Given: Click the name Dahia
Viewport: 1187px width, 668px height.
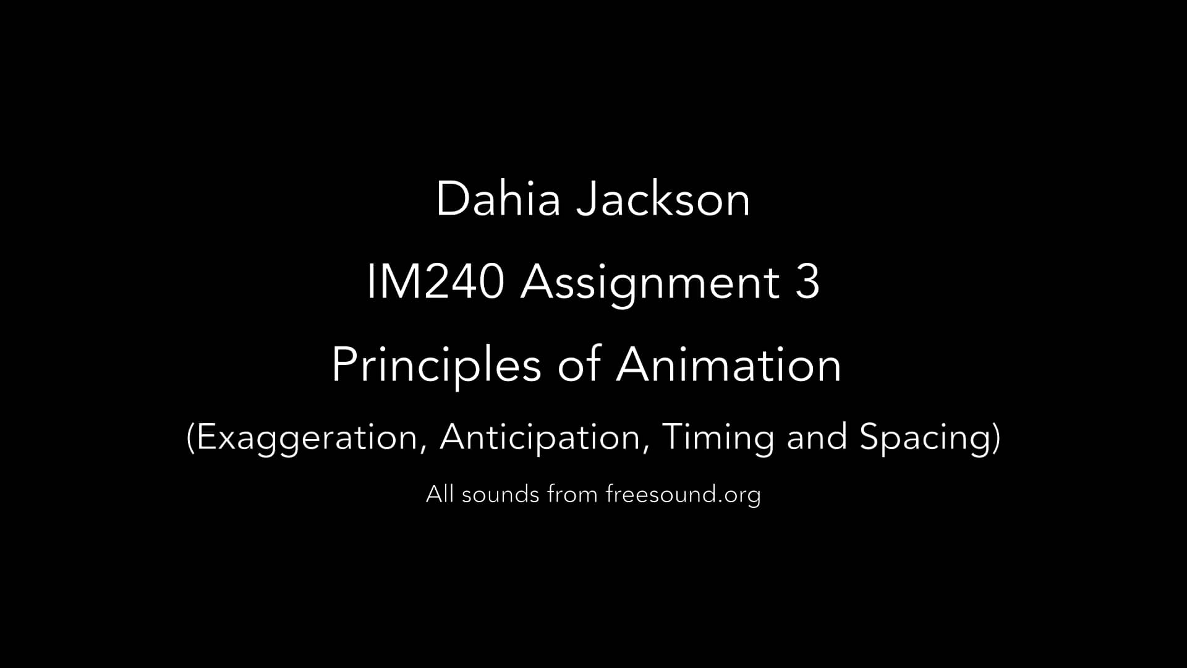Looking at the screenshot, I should pos(498,199).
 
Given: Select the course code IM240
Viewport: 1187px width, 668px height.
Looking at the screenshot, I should pos(435,282).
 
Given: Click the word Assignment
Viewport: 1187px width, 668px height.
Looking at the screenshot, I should pos(650,283).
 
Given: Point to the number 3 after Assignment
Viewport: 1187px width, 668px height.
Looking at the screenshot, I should pos(807,282).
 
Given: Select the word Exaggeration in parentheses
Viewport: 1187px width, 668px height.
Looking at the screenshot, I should pos(307,438).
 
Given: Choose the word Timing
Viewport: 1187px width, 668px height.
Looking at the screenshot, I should pos(717,438).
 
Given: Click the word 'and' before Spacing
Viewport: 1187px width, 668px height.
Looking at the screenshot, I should pos(817,437).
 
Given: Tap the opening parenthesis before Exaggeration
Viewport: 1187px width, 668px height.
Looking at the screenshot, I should pos(191,438).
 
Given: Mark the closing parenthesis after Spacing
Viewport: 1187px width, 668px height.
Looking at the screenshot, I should pos(995,438).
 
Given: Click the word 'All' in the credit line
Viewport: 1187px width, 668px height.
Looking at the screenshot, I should pos(440,494).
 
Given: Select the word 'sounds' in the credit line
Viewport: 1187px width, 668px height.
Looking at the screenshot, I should pos(500,494).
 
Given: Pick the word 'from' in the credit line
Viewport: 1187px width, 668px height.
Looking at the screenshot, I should pos(572,494).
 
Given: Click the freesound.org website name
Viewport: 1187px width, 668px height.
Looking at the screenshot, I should pos(683,495).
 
